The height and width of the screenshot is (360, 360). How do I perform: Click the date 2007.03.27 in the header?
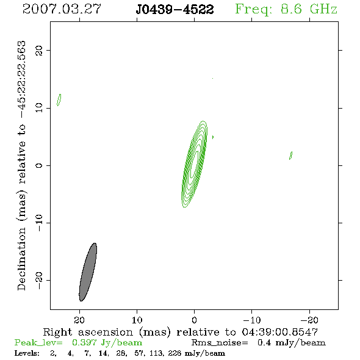coord(62,9)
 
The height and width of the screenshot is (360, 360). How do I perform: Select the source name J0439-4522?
coord(175,9)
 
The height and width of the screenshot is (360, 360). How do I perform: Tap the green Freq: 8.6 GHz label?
coord(286,9)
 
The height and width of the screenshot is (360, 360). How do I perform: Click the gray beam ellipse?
coord(88,272)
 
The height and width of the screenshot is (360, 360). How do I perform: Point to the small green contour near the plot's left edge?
coord(59,100)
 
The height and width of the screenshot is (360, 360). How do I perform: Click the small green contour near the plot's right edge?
coord(290,156)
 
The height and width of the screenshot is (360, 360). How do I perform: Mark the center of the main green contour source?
coord(195,164)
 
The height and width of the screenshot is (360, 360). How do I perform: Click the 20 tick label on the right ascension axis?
coord(79,320)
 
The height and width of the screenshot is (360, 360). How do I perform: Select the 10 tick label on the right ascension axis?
coord(137,320)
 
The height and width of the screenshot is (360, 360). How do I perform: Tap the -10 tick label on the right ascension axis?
coord(252,320)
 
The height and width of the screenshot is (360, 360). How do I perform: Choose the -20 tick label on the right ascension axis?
coord(309,320)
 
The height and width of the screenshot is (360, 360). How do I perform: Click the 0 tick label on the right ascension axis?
coord(195,320)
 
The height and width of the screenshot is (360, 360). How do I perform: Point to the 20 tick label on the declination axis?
coord(39,50)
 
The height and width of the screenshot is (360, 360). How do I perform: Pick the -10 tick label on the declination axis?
coord(39,223)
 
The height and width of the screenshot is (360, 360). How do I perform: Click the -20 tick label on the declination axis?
coord(39,280)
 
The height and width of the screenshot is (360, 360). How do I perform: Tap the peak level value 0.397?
coord(84,342)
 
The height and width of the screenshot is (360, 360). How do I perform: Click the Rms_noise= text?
coord(220,343)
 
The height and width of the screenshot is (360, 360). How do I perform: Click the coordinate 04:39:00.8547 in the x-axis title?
coord(280,332)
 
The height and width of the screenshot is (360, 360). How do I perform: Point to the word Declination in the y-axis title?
coord(21,259)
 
